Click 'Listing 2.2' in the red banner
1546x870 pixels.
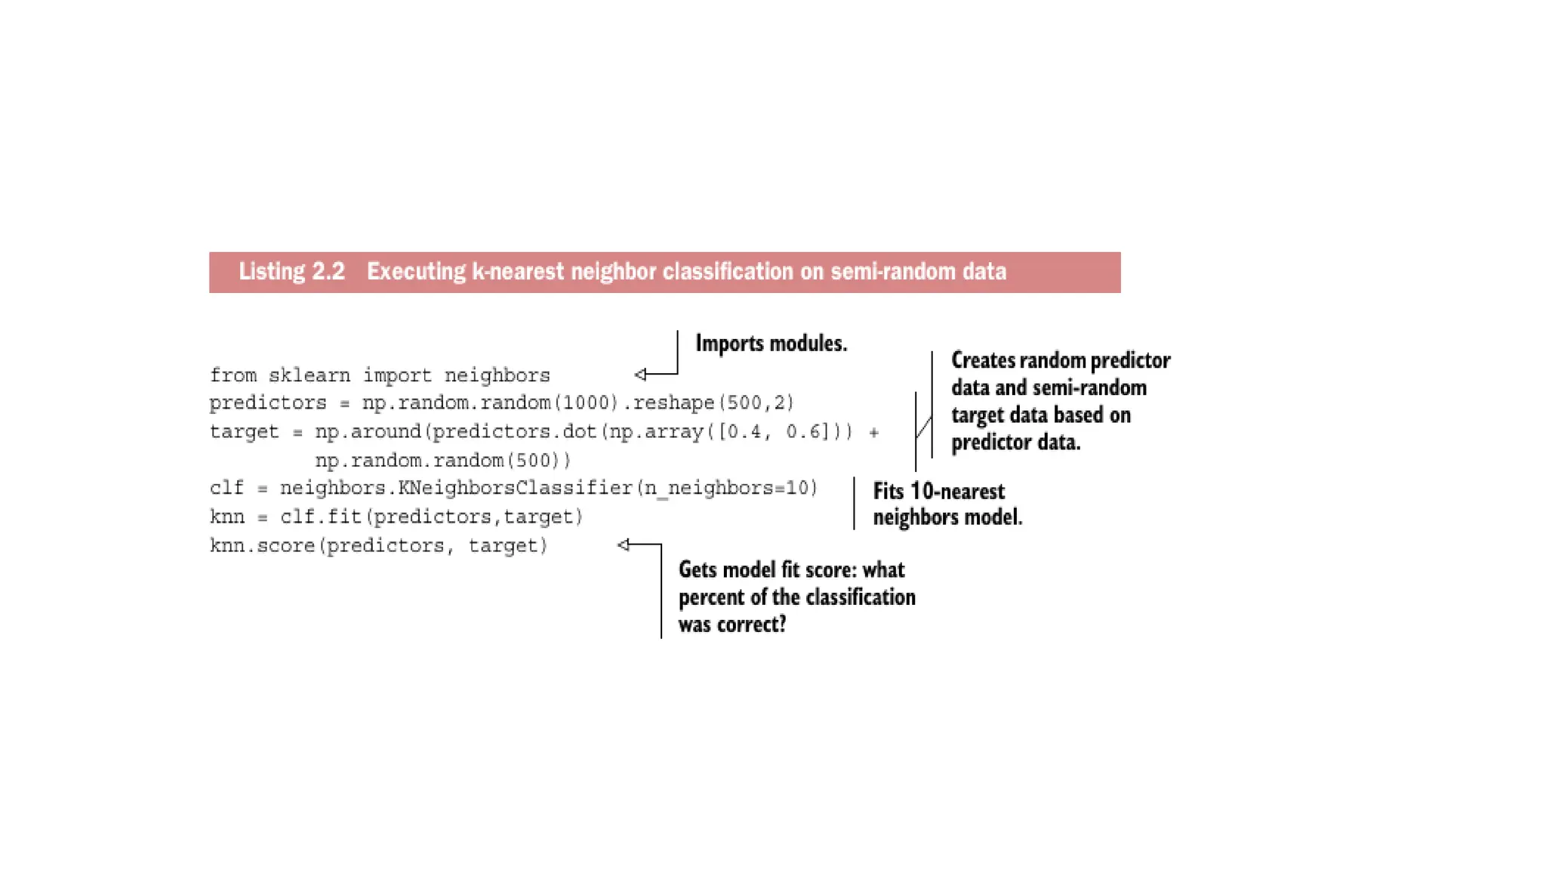tap(291, 272)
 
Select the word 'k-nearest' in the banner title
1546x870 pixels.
tap(518, 272)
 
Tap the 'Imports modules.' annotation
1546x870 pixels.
tap(771, 344)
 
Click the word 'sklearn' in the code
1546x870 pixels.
tap(310, 375)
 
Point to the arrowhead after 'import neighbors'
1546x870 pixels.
tap(640, 375)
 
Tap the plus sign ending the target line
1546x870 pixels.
tap(873, 433)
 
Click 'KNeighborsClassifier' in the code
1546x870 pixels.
tap(516, 489)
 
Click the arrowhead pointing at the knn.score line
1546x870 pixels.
tap(624, 545)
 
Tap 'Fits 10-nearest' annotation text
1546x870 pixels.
tap(938, 492)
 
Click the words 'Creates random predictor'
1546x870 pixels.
tap(1060, 361)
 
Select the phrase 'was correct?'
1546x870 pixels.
tap(732, 625)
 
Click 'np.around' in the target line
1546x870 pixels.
tap(368, 432)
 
